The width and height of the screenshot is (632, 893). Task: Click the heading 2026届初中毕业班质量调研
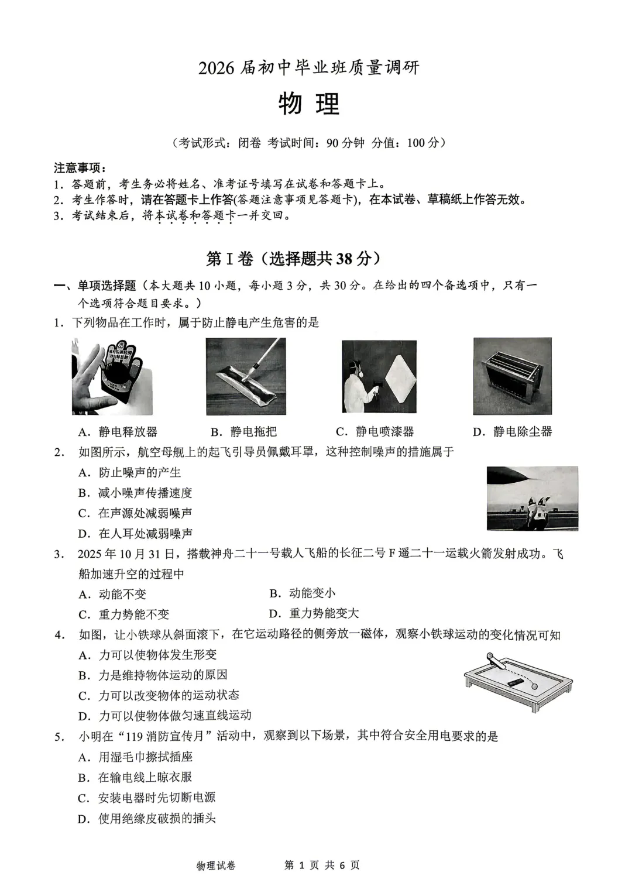[308, 68]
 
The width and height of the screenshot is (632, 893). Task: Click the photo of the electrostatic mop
[246, 376]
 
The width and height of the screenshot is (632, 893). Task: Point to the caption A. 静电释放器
[118, 432]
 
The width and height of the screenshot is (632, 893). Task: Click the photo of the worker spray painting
[379, 376]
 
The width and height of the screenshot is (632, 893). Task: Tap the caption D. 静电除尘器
[512, 432]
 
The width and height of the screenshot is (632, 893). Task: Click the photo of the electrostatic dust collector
[512, 376]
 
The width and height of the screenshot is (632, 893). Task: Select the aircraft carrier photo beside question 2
[532, 498]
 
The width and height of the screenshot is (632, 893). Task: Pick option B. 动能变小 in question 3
[303, 593]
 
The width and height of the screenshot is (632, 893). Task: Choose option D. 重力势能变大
[314, 613]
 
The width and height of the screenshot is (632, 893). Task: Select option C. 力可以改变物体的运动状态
[159, 695]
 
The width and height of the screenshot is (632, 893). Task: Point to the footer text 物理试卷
[216, 865]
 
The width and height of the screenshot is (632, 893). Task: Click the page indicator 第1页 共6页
[321, 865]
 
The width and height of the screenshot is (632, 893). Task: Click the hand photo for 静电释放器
[112, 376]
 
